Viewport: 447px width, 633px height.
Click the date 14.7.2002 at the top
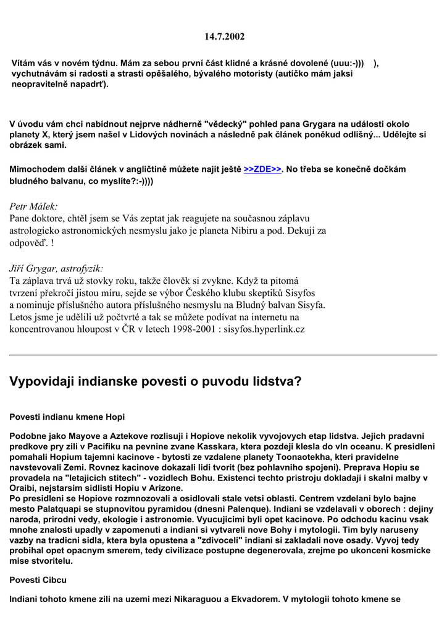[x=224, y=36]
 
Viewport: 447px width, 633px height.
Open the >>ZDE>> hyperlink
[x=263, y=169]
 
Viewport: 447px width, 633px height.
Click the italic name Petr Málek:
[x=34, y=206]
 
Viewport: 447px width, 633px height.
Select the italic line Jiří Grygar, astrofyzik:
[x=56, y=268]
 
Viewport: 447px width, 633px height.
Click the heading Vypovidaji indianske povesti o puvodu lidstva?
[x=156, y=381]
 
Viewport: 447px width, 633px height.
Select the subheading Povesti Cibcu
[x=38, y=580]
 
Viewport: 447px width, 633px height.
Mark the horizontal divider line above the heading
[x=223, y=355]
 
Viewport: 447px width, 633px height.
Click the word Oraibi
[x=25, y=488]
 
